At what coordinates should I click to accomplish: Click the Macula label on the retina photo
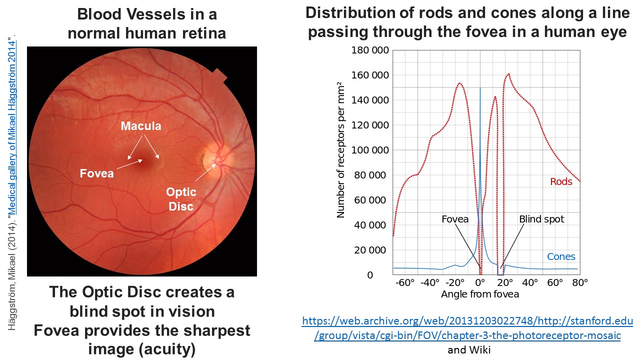tap(141, 126)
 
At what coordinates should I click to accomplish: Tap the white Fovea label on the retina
tap(96, 173)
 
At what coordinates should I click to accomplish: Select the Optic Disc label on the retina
tap(181, 198)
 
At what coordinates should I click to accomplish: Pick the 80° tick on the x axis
tap(579, 282)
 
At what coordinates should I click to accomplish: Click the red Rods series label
tap(561, 182)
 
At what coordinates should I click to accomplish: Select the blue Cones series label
tap(561, 257)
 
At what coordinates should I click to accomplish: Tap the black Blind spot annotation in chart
tap(541, 219)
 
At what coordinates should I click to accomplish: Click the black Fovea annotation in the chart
tap(455, 219)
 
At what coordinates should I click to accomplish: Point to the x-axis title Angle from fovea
tap(480, 294)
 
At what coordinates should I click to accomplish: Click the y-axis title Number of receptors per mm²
tap(341, 149)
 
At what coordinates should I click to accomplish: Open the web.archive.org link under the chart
tap(467, 328)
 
